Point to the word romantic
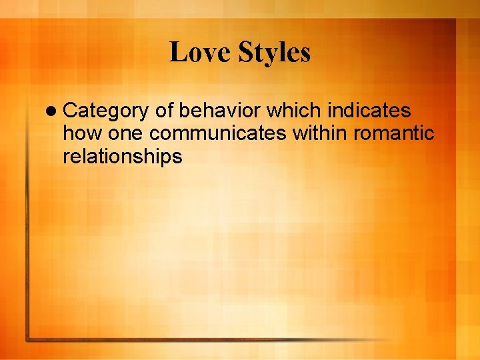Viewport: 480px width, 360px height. (x=394, y=134)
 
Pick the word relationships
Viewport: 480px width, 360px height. (x=122, y=157)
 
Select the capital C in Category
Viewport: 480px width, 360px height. (x=69, y=111)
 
